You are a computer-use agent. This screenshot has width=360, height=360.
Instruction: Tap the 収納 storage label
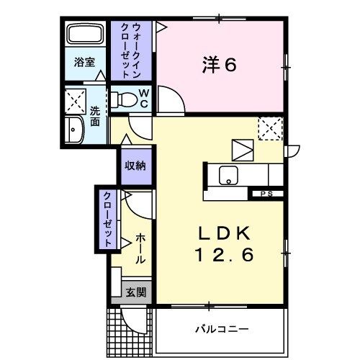pyautogui.click(x=135, y=166)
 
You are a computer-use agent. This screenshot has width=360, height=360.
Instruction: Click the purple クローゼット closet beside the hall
pyautogui.click(x=107, y=220)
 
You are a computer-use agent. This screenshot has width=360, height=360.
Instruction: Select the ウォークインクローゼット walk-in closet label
pyautogui.click(x=131, y=50)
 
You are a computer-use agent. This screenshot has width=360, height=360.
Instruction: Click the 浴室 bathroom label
pyautogui.click(x=85, y=63)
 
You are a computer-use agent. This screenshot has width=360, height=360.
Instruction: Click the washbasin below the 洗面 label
pyautogui.click(x=75, y=130)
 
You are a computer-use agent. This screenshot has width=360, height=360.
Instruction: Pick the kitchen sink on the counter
pyautogui.click(x=231, y=174)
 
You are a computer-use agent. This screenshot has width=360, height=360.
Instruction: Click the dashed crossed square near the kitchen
pyautogui.click(x=270, y=130)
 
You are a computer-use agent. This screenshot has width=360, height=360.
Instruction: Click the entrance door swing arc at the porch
pyautogui.click(x=134, y=318)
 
